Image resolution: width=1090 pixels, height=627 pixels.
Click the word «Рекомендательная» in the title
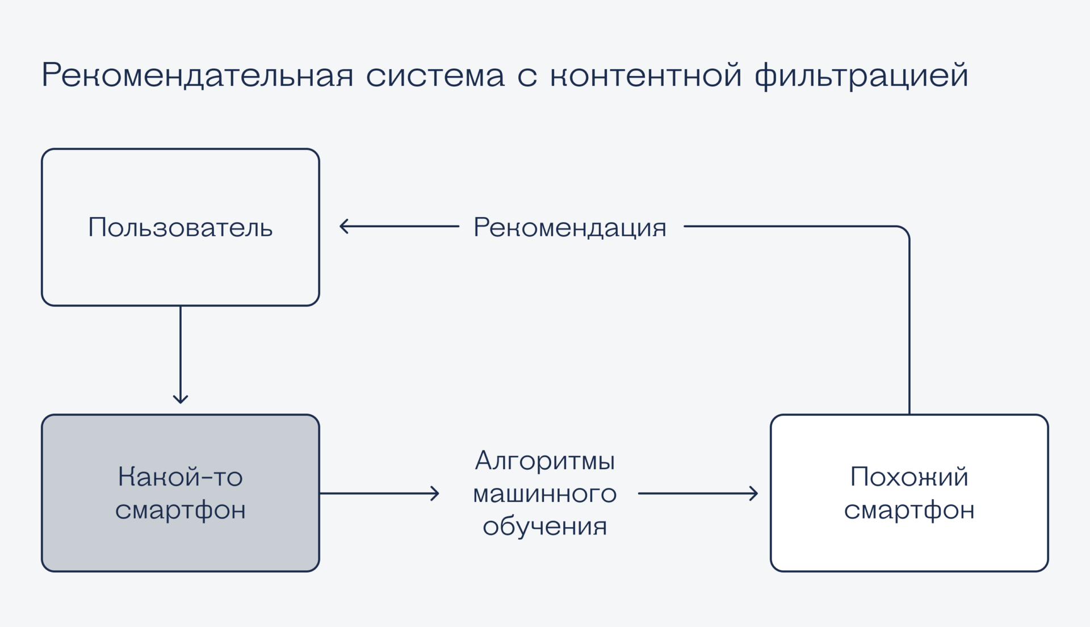198,76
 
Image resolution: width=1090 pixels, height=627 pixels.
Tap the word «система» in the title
435,76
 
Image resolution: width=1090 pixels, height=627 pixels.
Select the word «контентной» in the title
646,76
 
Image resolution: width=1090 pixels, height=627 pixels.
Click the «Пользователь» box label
181,228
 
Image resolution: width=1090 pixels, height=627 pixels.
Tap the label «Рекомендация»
570,228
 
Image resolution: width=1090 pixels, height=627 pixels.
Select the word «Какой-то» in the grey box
181,476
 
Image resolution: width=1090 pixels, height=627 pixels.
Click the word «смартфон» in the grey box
181,510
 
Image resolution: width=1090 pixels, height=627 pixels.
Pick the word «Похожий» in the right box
909,476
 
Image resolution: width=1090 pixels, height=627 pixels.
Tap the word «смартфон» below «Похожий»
909,510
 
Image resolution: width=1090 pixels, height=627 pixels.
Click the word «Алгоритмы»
545,461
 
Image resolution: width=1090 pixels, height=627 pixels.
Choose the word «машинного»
545,494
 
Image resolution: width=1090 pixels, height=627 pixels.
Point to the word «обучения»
545,526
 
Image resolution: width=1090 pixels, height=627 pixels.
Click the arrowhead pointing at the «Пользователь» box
343,227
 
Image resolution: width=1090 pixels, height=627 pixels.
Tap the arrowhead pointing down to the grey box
181,400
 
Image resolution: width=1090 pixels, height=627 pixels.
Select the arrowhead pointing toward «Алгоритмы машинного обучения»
435,494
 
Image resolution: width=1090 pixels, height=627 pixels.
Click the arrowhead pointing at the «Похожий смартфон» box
754,494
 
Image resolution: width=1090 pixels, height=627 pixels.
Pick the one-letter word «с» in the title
527,77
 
